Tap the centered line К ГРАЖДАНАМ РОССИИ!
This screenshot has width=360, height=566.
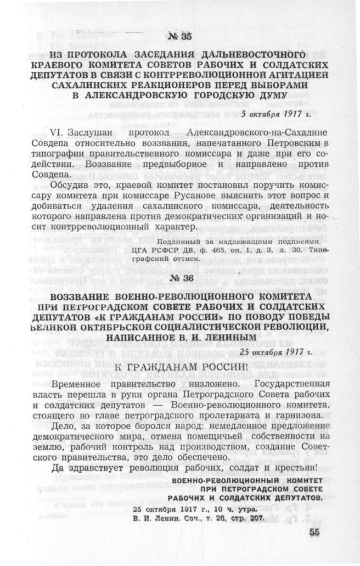[179, 365]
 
